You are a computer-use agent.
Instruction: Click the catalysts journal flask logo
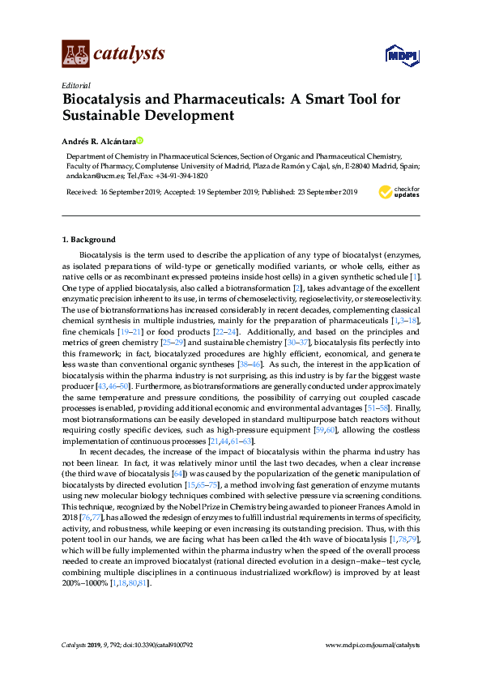point(75,53)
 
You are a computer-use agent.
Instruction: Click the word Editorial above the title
point(75,85)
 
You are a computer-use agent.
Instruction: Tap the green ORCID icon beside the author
point(139,140)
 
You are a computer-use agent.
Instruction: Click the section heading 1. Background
point(89,240)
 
